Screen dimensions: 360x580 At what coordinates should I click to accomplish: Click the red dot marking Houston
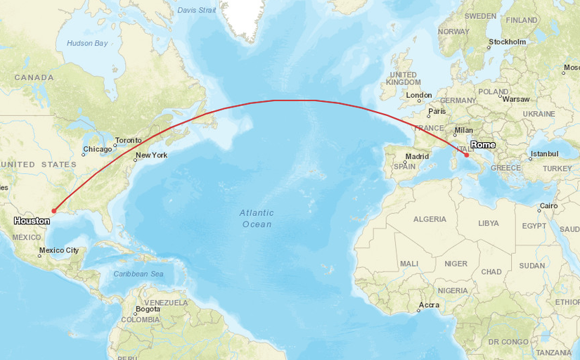pos(53,210)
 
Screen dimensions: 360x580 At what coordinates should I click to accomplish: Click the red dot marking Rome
pos(467,155)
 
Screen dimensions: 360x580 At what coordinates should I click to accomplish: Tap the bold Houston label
pos(32,221)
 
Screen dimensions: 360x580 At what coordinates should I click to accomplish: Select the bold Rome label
pos(483,145)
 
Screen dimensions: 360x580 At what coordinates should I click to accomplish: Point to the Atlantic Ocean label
pos(256,218)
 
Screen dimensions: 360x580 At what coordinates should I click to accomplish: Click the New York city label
pos(152,155)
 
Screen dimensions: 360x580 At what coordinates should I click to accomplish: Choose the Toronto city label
pos(129,141)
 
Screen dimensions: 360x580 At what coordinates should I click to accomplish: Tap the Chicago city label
pos(97,149)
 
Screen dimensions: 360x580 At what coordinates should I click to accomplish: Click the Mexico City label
pos(59,250)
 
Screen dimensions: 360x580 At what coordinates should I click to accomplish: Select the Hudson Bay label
pos(87,44)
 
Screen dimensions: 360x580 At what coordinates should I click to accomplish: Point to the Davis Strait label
pos(197,11)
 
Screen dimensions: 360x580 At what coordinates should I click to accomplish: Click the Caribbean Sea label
pos(138,274)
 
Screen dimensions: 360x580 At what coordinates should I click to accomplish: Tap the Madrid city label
pos(417,156)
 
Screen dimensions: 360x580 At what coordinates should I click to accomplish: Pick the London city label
pos(419,95)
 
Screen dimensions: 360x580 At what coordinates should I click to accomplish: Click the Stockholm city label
pos(508,42)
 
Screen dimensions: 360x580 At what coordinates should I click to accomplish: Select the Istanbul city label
pos(544,153)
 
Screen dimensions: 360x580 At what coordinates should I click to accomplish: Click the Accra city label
pos(429,304)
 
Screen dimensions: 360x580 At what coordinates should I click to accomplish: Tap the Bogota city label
pos(148,309)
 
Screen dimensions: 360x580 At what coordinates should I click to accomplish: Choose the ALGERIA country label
pos(430,219)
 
